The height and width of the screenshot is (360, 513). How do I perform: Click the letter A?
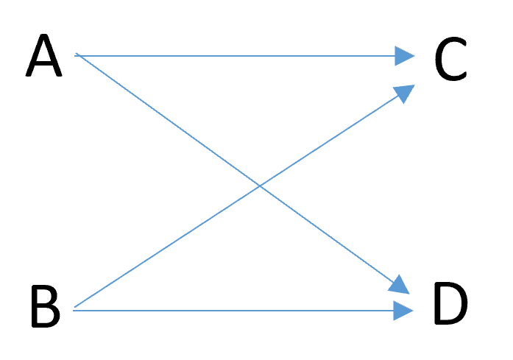[44, 55]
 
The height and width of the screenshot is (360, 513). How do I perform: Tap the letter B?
[46, 306]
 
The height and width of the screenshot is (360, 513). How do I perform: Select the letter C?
[451, 58]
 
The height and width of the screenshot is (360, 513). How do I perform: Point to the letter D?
[451, 303]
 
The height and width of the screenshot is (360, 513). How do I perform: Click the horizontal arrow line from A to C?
[244, 56]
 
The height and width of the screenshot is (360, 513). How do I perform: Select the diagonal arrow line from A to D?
[242, 174]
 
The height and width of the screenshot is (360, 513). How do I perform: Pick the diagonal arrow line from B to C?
[244, 196]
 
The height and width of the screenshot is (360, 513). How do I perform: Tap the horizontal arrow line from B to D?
[243, 311]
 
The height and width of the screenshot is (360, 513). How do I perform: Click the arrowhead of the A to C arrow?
[405, 56]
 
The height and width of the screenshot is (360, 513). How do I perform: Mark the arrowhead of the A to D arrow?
[400, 286]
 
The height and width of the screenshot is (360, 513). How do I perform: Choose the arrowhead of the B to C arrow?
[404, 93]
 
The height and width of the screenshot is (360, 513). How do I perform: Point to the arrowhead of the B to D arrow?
[403, 311]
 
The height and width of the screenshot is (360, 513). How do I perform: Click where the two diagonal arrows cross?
[260, 186]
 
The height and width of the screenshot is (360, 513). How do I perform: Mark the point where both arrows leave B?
[74, 309]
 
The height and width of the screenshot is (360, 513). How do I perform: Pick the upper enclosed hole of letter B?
[44, 295]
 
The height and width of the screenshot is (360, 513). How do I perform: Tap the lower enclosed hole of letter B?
[46, 314]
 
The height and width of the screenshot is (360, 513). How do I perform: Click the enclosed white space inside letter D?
[451, 303]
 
